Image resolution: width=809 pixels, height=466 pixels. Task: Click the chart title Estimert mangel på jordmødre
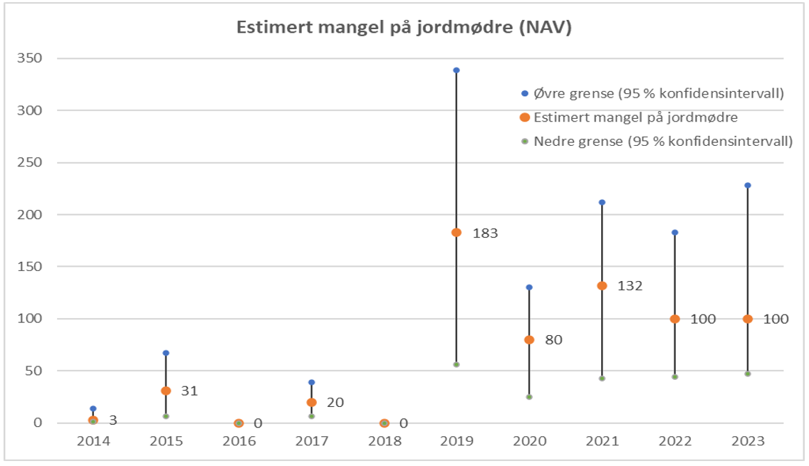(404, 28)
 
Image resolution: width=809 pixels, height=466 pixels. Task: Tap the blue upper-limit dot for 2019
(456, 70)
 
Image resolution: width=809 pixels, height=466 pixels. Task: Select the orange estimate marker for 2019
(456, 233)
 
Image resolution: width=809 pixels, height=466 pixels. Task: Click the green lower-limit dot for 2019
(456, 364)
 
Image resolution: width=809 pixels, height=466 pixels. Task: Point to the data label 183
(484, 233)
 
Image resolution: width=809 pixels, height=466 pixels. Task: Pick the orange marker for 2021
(602, 286)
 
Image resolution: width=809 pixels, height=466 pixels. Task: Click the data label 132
(630, 286)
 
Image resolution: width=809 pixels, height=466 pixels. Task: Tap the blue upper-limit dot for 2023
(748, 186)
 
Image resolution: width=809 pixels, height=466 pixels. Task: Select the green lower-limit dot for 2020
(529, 397)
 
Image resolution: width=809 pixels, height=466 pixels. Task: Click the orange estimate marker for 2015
(166, 391)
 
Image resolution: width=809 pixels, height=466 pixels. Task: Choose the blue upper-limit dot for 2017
(311, 383)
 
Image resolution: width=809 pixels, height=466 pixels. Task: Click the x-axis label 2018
(384, 441)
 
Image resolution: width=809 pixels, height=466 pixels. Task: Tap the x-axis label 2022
(675, 441)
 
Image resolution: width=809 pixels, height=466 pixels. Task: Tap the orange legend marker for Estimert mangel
(525, 117)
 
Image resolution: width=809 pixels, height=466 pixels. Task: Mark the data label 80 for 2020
(553, 340)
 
